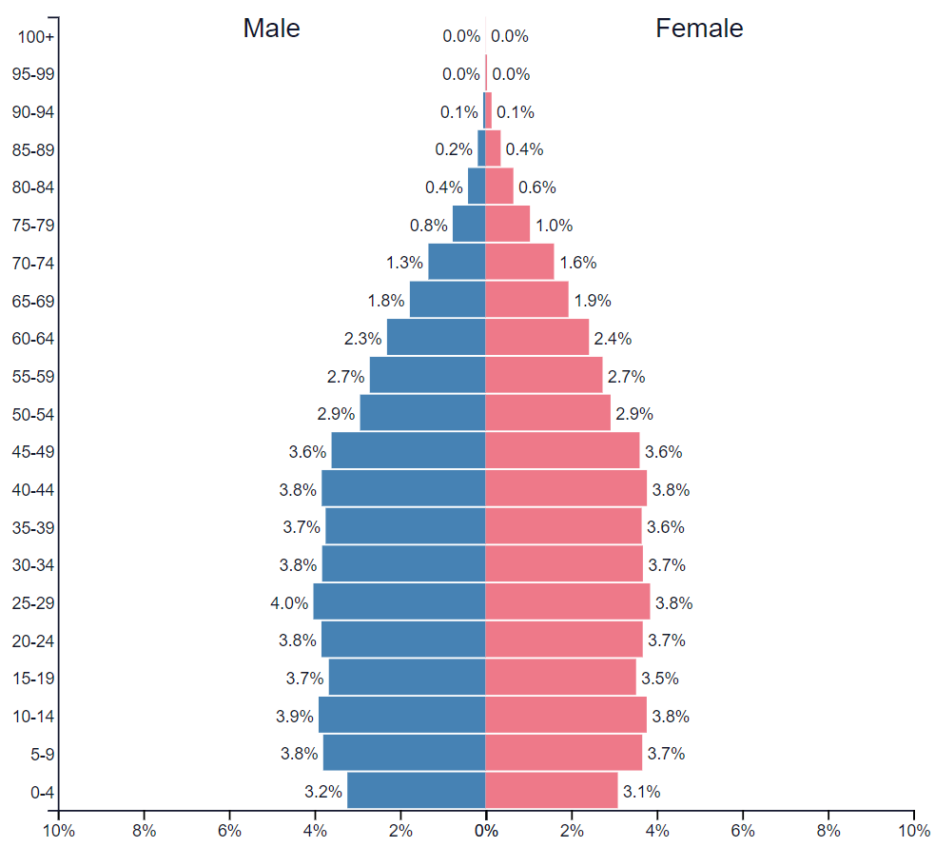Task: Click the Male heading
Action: [271, 29]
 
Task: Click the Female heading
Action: [699, 29]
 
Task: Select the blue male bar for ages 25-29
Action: [399, 602]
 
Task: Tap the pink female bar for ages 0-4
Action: [552, 791]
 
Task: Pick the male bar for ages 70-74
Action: [457, 263]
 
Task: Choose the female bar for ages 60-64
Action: [537, 338]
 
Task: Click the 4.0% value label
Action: [289, 602]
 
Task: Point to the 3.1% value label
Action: [641, 791]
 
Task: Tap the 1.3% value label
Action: [404, 263]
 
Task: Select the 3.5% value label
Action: [660, 679]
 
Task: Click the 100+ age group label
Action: [36, 37]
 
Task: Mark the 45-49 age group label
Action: [32, 452]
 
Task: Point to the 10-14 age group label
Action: [32, 717]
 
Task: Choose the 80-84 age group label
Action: [32, 187]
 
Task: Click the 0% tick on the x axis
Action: [486, 830]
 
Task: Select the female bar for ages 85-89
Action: [493, 149]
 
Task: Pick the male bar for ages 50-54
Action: [423, 414]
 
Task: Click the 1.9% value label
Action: [592, 301]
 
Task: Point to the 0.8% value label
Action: [428, 226]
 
